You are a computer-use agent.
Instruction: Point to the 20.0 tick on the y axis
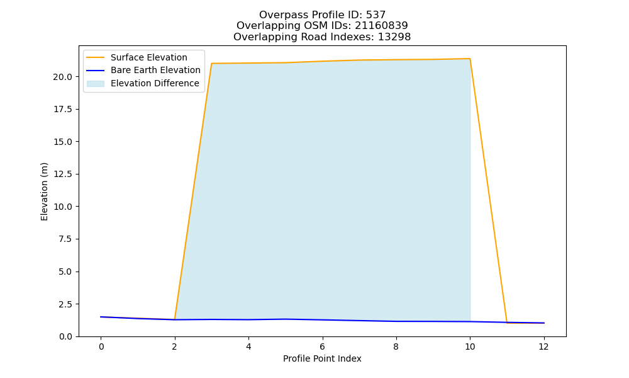(x=63, y=77)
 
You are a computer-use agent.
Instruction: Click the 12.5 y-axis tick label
(x=63, y=175)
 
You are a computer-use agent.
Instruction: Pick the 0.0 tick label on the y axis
(x=65, y=336)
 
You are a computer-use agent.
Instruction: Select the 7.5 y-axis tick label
(x=65, y=239)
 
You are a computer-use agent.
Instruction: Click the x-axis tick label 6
(x=322, y=346)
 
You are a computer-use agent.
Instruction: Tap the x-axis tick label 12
(x=543, y=346)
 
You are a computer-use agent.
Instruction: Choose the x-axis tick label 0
(x=101, y=346)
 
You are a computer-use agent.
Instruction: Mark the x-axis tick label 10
(x=470, y=346)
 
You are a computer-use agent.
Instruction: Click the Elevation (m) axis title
(x=44, y=192)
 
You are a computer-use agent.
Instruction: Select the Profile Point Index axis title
(x=322, y=358)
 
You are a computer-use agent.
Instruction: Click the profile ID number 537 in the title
(x=376, y=15)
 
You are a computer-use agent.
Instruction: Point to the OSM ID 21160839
(x=381, y=26)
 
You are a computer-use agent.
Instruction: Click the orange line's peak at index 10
(x=470, y=59)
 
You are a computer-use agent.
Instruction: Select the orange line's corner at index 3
(x=211, y=64)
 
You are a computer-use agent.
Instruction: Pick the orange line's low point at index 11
(x=506, y=323)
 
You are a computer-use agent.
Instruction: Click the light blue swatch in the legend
(x=96, y=84)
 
